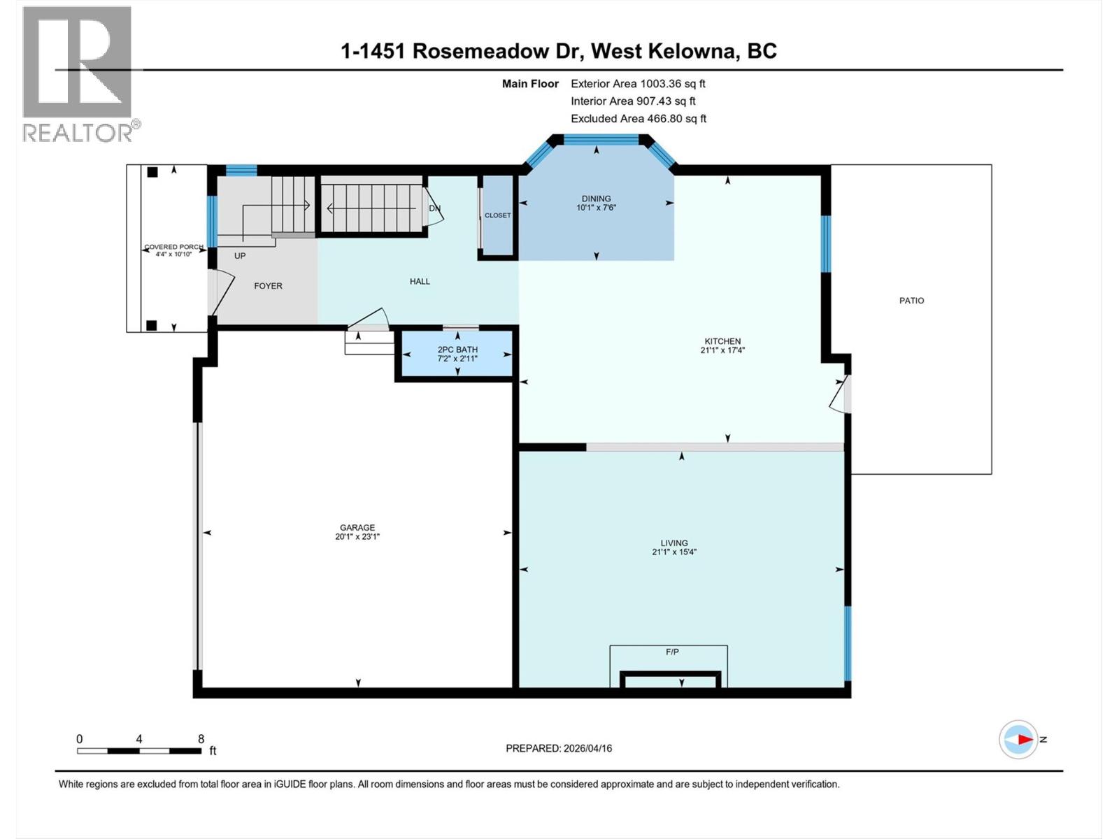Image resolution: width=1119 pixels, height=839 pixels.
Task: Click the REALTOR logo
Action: pos(78,73)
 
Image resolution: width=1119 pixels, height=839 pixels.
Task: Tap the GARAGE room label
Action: pos(357,528)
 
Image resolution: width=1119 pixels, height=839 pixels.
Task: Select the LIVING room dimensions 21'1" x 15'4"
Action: pos(674,552)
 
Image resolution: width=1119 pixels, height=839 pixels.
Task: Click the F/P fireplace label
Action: pos(672,652)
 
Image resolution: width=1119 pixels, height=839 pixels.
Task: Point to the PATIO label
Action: pos(911,301)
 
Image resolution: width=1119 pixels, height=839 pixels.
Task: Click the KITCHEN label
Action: pos(722,341)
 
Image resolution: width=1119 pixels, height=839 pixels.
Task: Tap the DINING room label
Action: pos(596,199)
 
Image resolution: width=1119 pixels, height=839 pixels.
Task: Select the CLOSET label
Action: pos(498,215)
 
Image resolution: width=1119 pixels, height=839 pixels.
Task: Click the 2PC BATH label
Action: pos(457,350)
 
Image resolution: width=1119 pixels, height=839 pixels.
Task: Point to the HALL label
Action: pos(420,281)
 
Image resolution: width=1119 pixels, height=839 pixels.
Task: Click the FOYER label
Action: pos(268,286)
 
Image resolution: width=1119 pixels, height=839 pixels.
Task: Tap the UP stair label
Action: pos(240,256)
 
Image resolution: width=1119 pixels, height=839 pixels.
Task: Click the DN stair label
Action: pos(434,208)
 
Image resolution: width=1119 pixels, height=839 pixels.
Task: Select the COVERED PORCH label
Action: pos(173,247)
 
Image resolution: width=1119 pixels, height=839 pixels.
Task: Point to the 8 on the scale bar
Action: pos(201,739)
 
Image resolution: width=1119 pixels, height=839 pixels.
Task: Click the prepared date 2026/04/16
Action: pos(587,748)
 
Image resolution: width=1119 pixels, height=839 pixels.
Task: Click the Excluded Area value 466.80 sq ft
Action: pos(676,118)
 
